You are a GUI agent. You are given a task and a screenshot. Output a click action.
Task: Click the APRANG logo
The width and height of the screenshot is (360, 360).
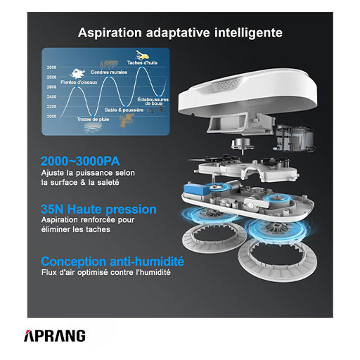tap(55, 336)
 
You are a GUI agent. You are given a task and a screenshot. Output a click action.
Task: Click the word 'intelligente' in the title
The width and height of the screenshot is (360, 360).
tap(248, 33)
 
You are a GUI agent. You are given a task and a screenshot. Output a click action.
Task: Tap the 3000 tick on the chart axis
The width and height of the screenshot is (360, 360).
tap(51, 67)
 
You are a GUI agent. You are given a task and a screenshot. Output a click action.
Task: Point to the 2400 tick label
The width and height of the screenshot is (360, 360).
tap(51, 96)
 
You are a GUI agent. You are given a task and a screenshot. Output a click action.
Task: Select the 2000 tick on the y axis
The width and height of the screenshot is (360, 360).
tap(51, 116)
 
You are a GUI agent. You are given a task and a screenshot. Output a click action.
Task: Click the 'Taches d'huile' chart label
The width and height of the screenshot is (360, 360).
tap(142, 63)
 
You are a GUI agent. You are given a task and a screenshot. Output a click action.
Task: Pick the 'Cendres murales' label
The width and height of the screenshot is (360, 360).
tap(109, 72)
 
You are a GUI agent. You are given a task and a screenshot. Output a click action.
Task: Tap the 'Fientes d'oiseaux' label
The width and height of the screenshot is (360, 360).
tap(79, 82)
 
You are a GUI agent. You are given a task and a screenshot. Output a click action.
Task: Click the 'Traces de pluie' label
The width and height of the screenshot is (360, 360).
tap(93, 120)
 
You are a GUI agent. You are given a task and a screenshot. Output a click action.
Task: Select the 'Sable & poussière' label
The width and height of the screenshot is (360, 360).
tap(124, 110)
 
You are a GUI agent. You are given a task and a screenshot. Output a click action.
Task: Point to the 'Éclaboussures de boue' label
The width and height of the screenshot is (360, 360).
tap(153, 101)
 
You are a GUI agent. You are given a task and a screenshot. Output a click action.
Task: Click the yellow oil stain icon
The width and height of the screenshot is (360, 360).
tap(142, 55)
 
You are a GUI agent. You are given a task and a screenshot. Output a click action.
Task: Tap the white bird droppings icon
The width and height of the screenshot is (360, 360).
tap(77, 73)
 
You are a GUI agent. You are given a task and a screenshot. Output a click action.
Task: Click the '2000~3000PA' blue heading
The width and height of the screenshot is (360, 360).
tap(80, 161)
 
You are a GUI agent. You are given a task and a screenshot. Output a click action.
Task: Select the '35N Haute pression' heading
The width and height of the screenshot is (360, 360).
tap(98, 210)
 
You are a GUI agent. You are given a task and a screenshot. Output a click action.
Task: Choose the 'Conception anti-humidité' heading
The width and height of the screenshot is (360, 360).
tap(112, 262)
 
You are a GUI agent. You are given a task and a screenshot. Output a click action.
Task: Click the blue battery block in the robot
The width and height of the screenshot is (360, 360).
tap(195, 189)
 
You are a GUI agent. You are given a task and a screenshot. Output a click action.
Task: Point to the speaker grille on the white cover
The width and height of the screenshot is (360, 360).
tap(227, 84)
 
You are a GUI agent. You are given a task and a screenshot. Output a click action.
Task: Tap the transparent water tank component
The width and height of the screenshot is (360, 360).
tap(295, 138)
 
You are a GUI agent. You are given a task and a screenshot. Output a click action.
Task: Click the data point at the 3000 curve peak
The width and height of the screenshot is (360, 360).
tap(142, 67)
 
